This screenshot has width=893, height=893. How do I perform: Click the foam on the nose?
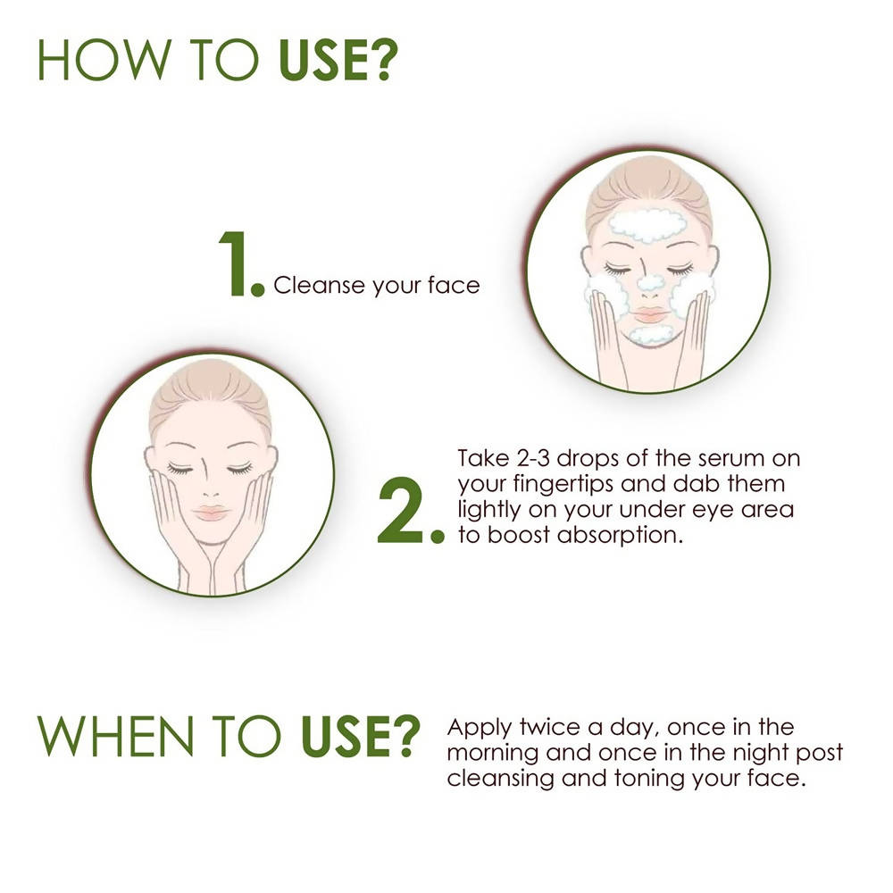[x=650, y=284]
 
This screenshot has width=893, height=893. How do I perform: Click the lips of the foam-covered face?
[x=648, y=314]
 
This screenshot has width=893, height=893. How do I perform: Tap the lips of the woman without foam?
[x=212, y=513]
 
